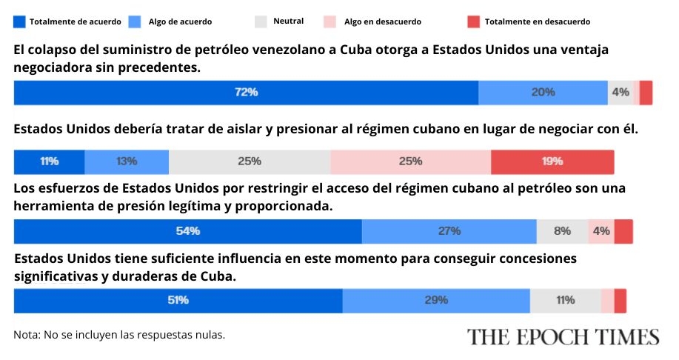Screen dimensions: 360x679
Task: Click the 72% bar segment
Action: [246, 93]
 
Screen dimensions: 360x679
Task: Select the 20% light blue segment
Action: [543, 93]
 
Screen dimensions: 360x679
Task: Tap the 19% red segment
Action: [552, 161]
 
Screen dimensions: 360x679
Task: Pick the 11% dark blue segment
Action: [49, 161]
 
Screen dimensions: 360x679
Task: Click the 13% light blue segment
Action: [127, 161]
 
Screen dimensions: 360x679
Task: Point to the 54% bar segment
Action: [187, 231]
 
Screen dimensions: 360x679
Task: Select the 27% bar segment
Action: [449, 231]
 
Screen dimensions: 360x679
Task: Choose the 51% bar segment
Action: [178, 301]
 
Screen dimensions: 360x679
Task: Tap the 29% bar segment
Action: [436, 301]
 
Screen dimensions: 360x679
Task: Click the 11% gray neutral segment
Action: [565, 301]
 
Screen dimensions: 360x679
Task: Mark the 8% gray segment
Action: [562, 231]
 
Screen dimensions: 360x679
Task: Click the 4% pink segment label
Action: [601, 231]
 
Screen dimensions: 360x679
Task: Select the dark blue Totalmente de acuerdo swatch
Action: [20, 21]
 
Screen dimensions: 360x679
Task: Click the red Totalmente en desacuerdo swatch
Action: [474, 21]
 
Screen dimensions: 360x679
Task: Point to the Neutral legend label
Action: [288, 21]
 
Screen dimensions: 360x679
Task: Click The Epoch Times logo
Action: [563, 336]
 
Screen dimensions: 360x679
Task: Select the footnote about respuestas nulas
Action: [119, 335]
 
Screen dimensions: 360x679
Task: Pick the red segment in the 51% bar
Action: [621, 301]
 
